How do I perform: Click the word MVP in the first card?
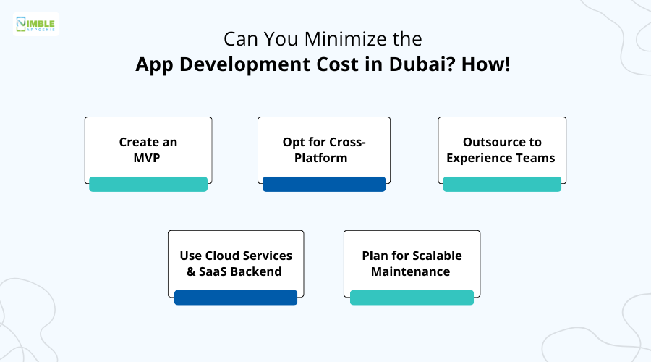pos(148,157)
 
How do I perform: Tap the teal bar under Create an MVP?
pos(148,184)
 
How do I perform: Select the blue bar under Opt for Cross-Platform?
pos(324,184)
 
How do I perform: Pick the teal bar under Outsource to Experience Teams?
pos(502,184)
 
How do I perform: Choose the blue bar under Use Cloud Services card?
pos(236,298)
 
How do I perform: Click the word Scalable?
pos(435,256)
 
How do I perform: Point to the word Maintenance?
pos(411,271)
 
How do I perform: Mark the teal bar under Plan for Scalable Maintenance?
pos(412,298)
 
